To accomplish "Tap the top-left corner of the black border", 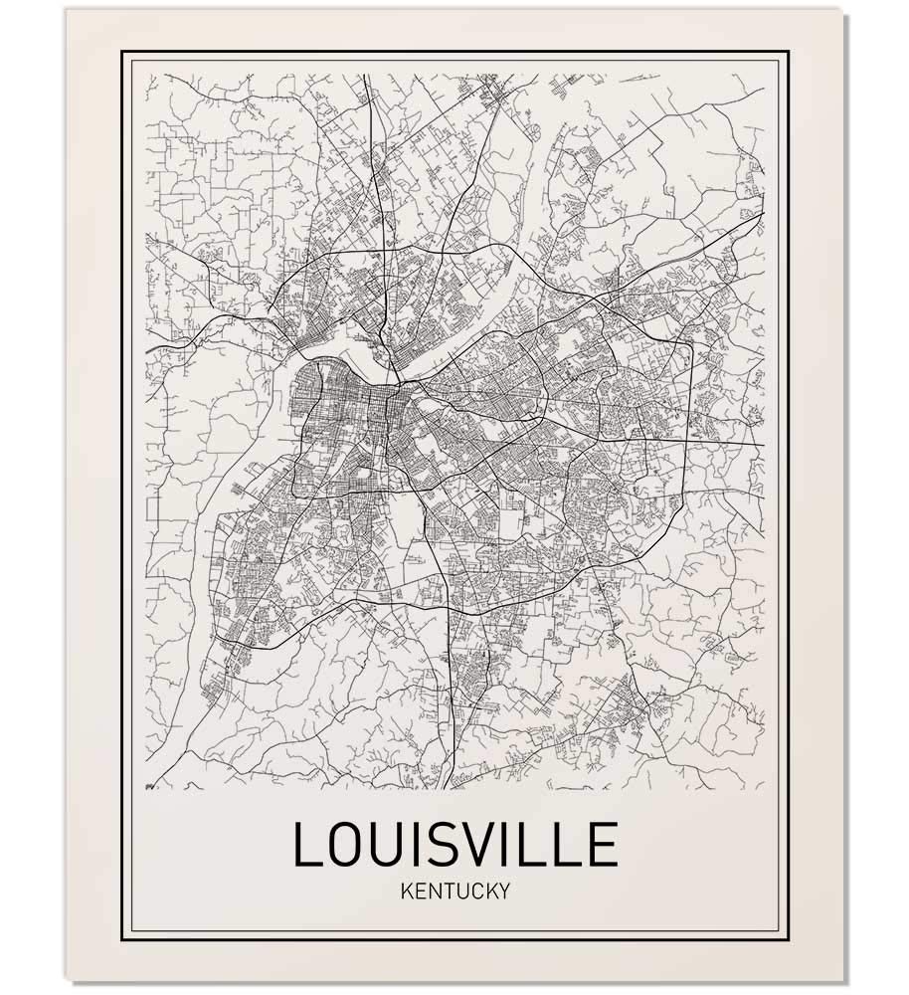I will (x=122, y=51).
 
